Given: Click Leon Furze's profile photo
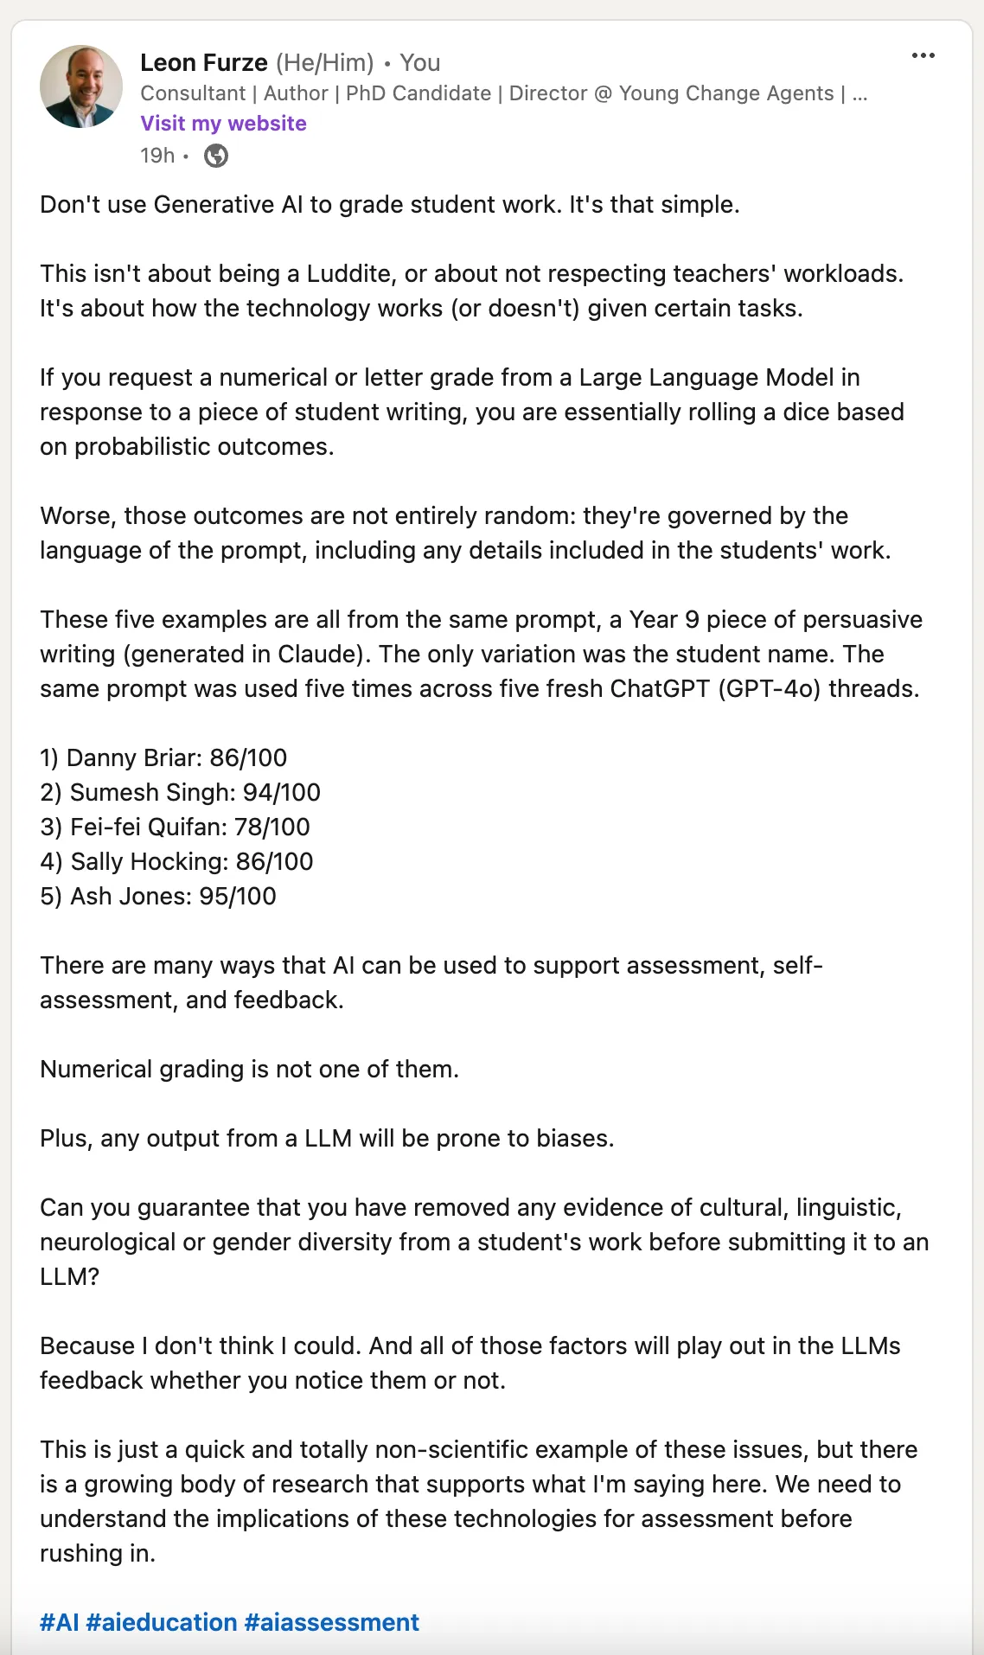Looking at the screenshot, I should [81, 86].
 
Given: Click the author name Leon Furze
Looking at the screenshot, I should [204, 63].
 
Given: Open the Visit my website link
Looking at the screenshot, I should [223, 124].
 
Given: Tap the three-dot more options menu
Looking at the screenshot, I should [923, 56].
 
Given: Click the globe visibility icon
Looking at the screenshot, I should [216, 156].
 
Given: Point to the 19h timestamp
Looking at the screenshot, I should [157, 156].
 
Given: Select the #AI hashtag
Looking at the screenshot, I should [59, 1622].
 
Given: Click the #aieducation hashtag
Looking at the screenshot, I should [162, 1622].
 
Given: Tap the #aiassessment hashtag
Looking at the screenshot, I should [332, 1622].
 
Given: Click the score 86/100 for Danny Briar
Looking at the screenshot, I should [248, 758].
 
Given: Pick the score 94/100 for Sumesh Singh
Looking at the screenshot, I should [282, 793].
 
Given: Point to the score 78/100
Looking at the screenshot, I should [272, 827].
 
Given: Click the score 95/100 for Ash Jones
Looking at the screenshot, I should [238, 897].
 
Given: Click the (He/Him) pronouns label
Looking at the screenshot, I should [325, 63].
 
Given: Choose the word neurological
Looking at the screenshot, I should [107, 1243].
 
